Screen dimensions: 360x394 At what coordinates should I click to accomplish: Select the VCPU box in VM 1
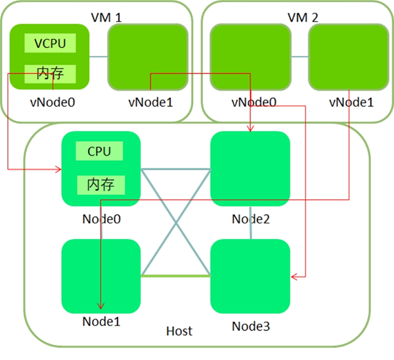click(50, 43)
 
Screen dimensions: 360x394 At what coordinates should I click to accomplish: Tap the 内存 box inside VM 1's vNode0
click(50, 73)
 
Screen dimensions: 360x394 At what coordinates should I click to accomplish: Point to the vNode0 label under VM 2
click(254, 102)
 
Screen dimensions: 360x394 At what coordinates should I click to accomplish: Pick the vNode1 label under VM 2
click(351, 102)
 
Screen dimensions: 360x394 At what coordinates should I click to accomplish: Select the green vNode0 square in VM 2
click(250, 57)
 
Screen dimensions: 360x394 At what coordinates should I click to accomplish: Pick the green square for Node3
click(250, 276)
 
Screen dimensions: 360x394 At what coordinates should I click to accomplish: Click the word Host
click(179, 331)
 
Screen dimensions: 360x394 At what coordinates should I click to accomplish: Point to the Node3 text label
click(250, 326)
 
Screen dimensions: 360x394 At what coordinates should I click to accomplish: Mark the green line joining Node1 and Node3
click(175, 276)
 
